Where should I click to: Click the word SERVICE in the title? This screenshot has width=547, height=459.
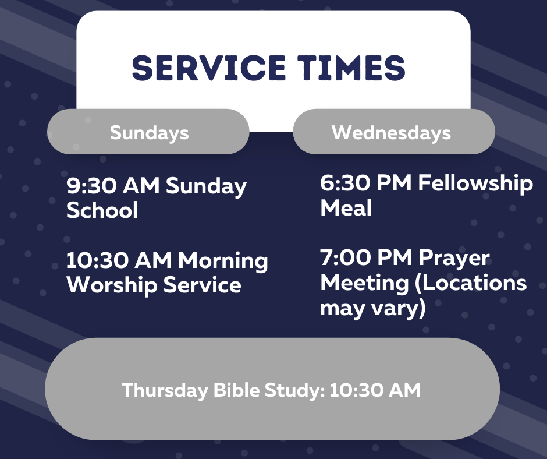pos(208,68)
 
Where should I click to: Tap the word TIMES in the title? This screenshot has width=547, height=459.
pos(351,68)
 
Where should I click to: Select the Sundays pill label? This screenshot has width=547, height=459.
pos(150,133)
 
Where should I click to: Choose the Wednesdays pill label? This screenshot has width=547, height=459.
pos(391,133)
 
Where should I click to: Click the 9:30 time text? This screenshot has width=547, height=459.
pos(91,185)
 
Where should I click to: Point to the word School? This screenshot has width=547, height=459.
pos(102,210)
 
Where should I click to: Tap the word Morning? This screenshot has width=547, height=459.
pos(223,261)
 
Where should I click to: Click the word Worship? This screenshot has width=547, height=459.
pos(112,285)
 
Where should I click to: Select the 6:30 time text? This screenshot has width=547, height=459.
pos(345,183)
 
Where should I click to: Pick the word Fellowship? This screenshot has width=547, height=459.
pos(475,183)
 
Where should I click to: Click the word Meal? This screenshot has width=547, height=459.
pos(346,208)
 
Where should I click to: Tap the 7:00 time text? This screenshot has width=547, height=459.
pos(345,257)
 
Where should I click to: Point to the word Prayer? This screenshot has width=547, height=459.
pos(454,259)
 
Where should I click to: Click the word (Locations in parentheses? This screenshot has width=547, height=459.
pos(471,283)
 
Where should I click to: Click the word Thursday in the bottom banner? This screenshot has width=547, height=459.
pos(165,390)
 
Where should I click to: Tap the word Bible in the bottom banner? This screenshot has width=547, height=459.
pos(236,390)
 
